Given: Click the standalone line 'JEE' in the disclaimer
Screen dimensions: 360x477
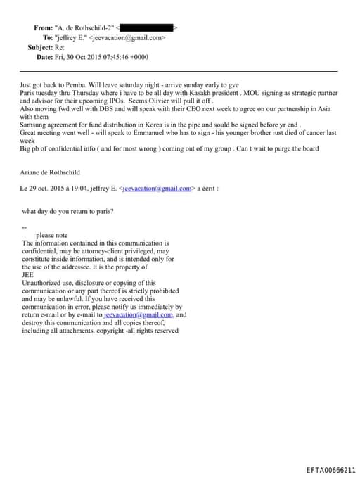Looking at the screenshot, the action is (x=28, y=275).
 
